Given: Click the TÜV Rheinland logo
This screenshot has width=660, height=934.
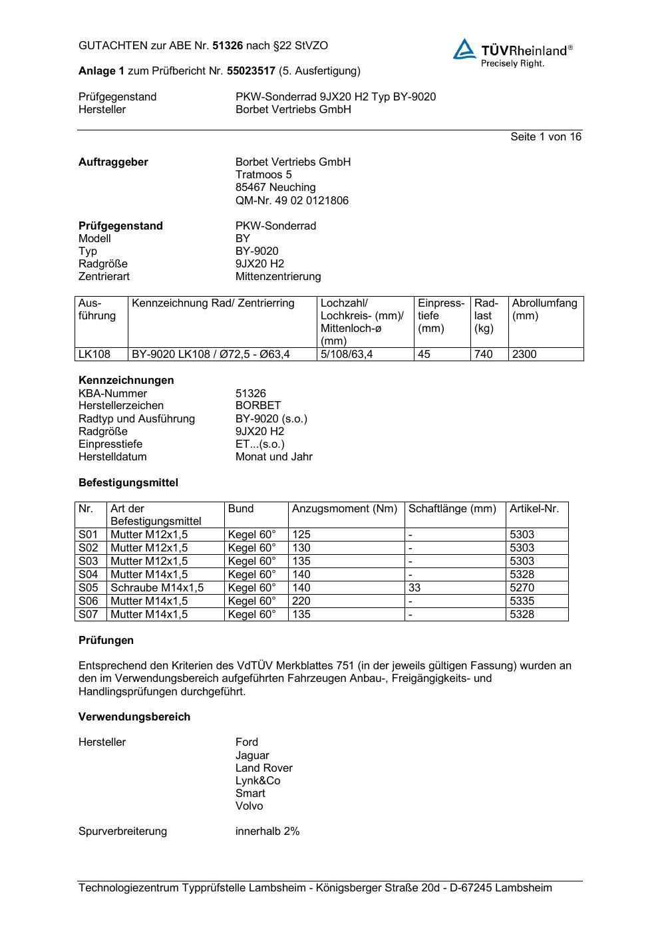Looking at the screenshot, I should click(x=512, y=53).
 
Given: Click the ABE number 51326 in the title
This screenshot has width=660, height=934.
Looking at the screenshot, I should click(x=228, y=46).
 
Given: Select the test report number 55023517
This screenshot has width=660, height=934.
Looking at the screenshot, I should click(x=251, y=71).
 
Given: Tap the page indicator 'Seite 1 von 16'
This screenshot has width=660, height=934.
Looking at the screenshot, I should click(x=546, y=136).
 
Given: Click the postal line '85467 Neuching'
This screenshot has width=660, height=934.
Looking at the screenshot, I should click(x=275, y=187).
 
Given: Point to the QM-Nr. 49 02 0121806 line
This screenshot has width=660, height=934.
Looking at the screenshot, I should click(x=291, y=200).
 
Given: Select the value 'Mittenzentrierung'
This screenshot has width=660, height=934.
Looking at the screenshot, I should click(x=277, y=276).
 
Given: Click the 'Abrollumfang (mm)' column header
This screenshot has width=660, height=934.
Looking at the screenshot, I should click(x=544, y=309).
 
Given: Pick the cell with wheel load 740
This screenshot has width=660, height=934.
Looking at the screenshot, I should click(x=484, y=354).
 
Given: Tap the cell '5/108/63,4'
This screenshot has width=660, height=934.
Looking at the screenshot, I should click(x=347, y=354).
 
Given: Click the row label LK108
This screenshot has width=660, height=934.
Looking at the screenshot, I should click(x=94, y=354).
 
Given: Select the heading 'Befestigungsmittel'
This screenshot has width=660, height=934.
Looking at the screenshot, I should click(x=128, y=482).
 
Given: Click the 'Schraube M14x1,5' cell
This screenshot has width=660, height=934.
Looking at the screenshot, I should click(x=157, y=587).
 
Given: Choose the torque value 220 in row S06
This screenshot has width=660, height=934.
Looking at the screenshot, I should click(x=301, y=601).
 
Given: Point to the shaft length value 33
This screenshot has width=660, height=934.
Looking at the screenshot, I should click(x=414, y=587).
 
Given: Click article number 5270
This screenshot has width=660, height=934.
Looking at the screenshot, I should click(x=522, y=587).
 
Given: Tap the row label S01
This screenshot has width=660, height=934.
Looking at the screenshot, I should click(x=88, y=534).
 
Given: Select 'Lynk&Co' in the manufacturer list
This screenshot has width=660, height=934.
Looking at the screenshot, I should click(x=257, y=780).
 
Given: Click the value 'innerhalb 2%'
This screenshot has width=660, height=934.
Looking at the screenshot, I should click(x=267, y=831).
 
